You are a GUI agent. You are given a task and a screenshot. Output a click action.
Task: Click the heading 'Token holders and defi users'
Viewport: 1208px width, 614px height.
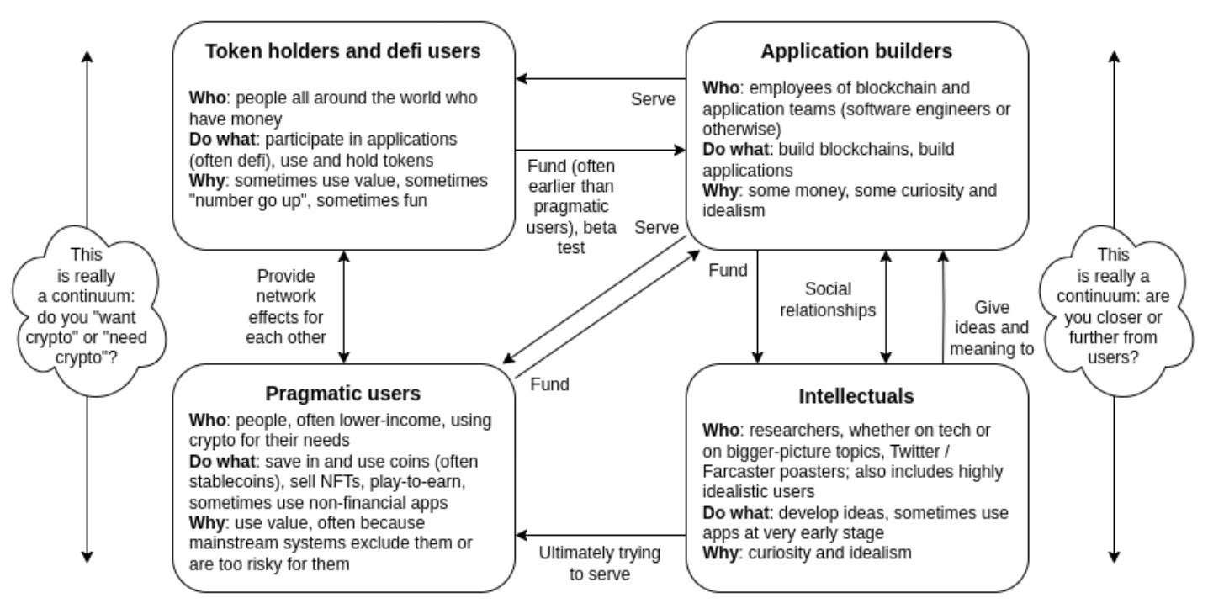[343, 51]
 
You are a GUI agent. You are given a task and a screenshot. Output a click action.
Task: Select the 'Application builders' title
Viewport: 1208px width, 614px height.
[856, 51]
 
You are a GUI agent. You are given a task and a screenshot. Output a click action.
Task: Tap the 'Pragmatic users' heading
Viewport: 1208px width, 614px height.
[343, 394]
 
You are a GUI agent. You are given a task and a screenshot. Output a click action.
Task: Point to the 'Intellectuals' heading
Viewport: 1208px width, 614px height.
[856, 396]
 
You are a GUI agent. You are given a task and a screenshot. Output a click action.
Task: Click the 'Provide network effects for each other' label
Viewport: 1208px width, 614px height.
[286, 306]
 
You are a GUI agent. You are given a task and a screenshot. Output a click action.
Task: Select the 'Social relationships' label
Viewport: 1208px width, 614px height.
[828, 299]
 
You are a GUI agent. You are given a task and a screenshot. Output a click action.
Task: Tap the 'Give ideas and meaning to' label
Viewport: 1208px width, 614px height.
[992, 328]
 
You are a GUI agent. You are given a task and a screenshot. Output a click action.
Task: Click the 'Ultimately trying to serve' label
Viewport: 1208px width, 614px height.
[600, 564]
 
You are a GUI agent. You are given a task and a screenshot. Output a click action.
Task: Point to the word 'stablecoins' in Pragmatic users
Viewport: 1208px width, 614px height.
[234, 481]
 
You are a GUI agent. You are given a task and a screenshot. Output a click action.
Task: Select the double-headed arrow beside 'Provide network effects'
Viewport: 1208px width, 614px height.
[344, 307]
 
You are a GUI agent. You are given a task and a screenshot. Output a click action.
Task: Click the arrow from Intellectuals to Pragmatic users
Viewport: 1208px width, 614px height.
[601, 535]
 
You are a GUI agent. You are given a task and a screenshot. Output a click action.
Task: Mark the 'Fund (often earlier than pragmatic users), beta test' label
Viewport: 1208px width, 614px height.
[571, 207]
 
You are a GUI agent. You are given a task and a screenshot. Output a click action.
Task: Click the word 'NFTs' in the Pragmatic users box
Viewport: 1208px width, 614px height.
[342, 481]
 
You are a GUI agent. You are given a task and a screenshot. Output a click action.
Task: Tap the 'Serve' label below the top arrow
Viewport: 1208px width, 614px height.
[653, 99]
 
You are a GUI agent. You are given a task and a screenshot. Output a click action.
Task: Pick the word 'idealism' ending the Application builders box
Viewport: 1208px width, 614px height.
[734, 211]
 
